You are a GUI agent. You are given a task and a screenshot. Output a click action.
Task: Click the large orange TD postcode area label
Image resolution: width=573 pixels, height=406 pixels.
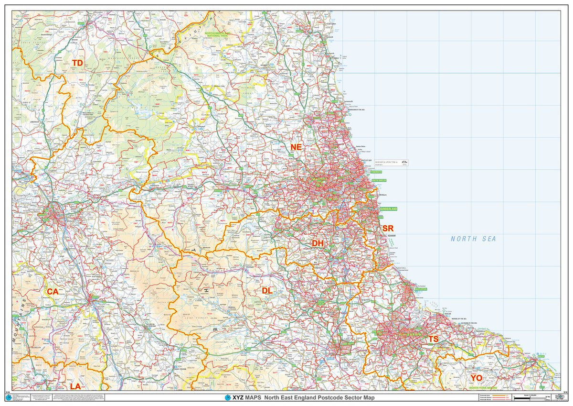click(77, 63)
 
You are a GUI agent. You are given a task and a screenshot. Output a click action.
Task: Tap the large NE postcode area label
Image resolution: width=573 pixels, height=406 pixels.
click(296, 147)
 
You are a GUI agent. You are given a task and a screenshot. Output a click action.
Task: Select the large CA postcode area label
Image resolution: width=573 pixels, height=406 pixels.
click(52, 291)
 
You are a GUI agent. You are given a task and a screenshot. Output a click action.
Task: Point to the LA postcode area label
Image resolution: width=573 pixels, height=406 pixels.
click(75, 386)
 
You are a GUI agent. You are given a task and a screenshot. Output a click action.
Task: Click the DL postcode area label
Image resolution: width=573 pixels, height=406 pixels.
click(267, 291)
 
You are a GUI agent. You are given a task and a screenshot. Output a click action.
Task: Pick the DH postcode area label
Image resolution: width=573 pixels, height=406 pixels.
click(318, 243)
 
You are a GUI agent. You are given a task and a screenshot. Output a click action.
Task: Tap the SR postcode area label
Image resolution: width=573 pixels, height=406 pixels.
click(388, 229)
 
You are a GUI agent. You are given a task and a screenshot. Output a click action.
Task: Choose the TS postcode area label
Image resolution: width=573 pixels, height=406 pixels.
click(433, 339)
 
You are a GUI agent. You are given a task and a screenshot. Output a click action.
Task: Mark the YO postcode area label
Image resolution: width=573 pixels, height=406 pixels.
click(476, 378)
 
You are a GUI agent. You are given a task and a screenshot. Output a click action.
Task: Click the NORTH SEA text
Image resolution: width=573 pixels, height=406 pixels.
click(473, 239)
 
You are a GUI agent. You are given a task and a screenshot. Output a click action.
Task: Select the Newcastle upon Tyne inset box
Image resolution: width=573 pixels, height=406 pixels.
click(391, 163)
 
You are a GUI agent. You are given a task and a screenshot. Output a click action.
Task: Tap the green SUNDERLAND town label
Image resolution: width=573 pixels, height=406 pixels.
click(388, 209)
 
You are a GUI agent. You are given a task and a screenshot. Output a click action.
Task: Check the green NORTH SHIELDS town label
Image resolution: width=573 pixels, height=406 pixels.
click(378, 180)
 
